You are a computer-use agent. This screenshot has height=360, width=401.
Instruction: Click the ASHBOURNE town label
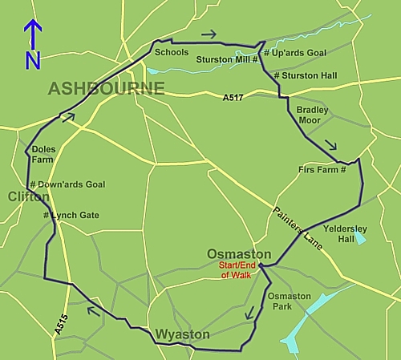[106, 88]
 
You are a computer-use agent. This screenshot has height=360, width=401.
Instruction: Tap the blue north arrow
[32, 35]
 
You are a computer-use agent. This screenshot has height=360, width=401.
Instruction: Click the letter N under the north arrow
[32, 60]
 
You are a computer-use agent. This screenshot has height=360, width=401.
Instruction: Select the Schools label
[172, 52]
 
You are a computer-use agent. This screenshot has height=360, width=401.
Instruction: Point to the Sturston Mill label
[228, 59]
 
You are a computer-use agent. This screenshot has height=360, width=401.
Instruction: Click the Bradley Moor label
[312, 115]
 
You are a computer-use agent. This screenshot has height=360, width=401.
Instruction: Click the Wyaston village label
[183, 334]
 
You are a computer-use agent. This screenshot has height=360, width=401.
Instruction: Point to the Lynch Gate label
[71, 216]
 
